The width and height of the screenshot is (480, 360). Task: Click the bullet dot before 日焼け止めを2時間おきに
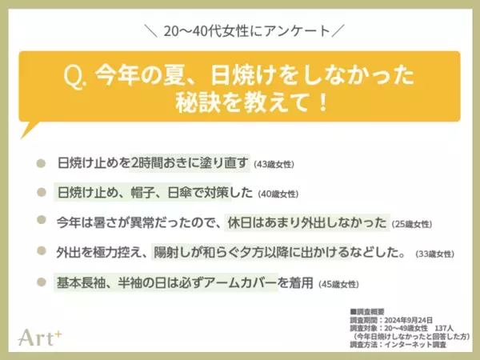(x=41, y=162)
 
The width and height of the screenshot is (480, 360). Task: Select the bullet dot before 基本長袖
(x=41, y=282)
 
